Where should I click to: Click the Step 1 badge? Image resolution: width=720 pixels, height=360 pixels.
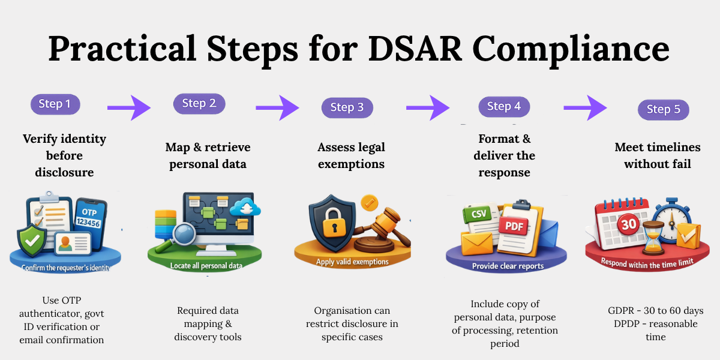[55, 104]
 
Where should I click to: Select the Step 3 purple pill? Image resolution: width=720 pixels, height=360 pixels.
[347, 107]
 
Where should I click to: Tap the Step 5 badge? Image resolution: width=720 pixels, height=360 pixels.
[663, 109]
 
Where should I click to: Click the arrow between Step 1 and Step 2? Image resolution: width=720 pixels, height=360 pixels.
[128, 108]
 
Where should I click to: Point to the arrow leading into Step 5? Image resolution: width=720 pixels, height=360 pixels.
[585, 108]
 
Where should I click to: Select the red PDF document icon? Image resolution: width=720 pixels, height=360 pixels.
[515, 226]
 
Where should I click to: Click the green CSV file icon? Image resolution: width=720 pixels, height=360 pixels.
[478, 215]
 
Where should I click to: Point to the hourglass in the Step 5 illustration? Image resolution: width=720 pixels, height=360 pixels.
[652, 235]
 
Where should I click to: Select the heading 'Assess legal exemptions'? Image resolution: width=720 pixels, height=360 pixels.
[351, 155]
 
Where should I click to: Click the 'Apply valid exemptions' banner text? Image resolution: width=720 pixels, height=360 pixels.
[352, 262]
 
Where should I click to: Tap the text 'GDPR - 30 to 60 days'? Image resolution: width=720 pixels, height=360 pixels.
[655, 311]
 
